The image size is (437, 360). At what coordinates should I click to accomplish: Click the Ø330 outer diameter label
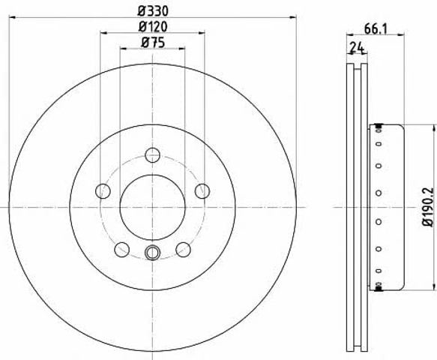tap(153, 11)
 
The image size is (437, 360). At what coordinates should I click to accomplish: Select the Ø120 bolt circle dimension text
tap(153, 27)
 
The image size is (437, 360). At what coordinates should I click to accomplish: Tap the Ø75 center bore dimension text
tap(153, 43)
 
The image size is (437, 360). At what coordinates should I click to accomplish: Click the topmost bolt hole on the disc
tap(153, 155)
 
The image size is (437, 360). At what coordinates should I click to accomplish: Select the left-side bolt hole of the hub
tap(103, 191)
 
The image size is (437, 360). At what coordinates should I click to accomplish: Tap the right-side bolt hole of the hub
tap(202, 191)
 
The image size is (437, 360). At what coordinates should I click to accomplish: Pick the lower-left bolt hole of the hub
tap(121, 250)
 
